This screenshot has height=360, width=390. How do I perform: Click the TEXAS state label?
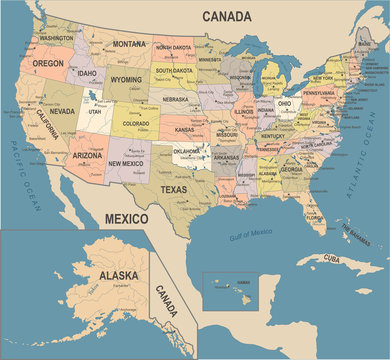[173, 189]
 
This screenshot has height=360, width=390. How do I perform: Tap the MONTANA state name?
[128, 44]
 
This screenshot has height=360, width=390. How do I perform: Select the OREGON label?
[47, 62]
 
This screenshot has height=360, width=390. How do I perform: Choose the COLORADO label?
[136, 124]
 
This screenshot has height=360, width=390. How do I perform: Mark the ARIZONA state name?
[87, 156]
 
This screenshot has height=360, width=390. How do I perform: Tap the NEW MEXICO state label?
[127, 162]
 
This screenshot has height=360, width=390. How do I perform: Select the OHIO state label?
[283, 103]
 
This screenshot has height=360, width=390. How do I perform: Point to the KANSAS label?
[185, 130]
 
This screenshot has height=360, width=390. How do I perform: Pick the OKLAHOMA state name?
[187, 152]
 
